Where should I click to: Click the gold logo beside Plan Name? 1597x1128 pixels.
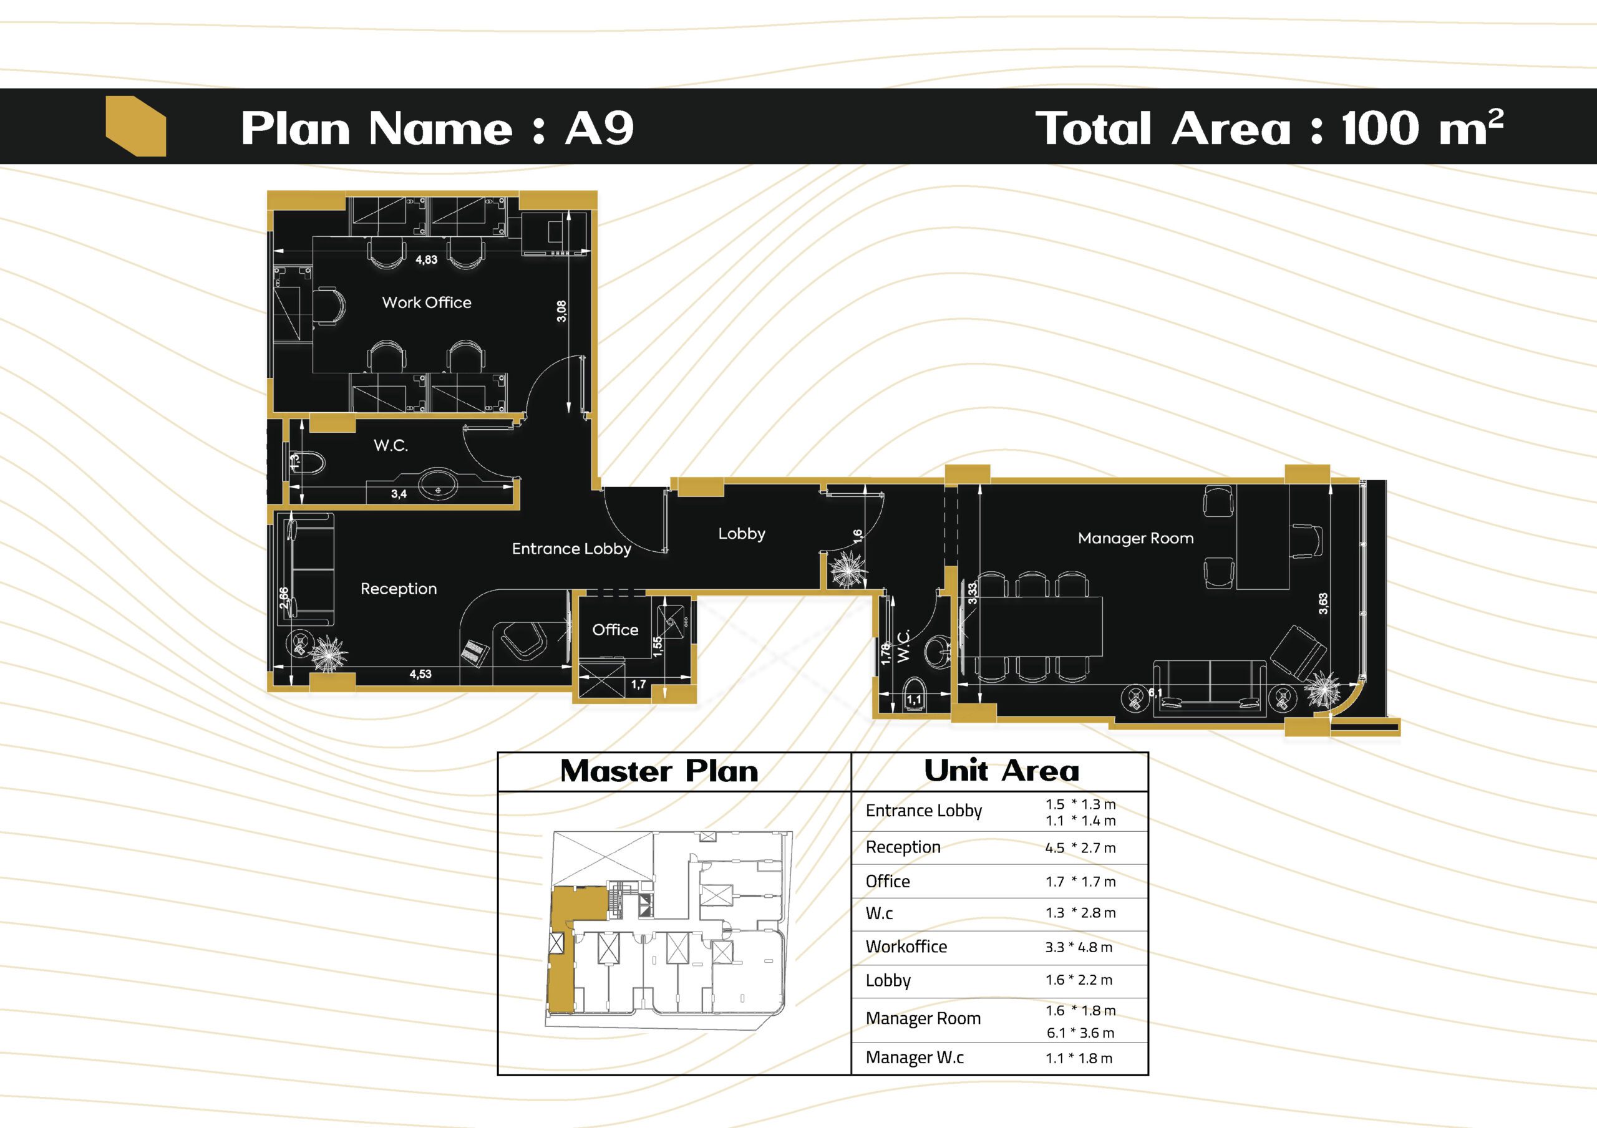(135, 126)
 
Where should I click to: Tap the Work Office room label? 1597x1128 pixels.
(426, 302)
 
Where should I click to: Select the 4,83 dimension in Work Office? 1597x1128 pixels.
(426, 259)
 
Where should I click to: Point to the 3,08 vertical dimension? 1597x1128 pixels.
(561, 311)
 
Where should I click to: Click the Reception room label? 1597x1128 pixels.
(399, 589)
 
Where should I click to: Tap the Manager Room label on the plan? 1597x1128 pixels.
(1136, 538)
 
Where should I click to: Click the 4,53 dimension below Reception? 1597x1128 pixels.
(420, 674)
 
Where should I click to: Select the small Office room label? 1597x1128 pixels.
(615, 629)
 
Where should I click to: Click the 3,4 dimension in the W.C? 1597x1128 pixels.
(399, 494)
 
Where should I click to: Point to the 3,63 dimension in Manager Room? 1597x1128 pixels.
(1323, 603)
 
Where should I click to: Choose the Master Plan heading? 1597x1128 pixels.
(659, 771)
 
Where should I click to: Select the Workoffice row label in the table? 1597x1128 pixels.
(906, 947)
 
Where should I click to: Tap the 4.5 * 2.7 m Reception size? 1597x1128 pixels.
(1080, 848)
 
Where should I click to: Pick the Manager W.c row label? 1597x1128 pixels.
(915, 1058)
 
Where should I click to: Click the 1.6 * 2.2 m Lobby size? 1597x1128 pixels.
(1079, 980)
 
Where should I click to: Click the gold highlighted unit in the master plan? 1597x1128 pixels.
(567, 946)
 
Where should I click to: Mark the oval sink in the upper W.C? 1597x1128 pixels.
(437, 481)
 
